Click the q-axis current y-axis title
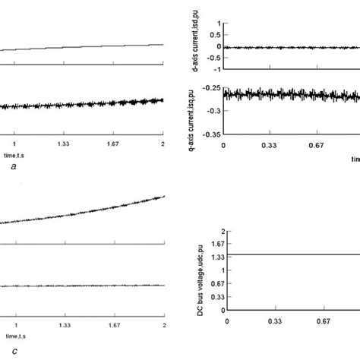[x=197, y=111]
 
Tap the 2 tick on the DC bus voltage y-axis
[x=218, y=230]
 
